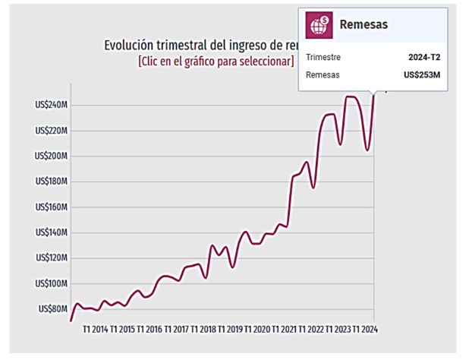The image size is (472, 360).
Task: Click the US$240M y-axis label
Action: coord(52,105)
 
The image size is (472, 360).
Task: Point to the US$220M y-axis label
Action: coord(52,131)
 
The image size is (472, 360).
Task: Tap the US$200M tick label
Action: coord(52,156)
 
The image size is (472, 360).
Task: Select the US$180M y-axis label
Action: coord(52,182)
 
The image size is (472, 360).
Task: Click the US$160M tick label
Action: coord(52,207)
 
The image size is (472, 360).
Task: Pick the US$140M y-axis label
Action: coord(52,232)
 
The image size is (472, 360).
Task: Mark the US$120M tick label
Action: coord(52,258)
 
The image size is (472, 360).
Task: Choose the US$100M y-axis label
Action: coord(52,283)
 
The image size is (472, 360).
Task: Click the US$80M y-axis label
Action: coord(54,309)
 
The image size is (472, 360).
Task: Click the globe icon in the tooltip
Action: coord(319,24)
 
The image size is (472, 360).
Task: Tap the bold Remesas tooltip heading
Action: coord(363,24)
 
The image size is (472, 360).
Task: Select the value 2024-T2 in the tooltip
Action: coord(423,57)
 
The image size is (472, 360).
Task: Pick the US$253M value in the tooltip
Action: coord(422,75)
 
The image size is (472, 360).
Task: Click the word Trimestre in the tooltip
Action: coord(323,57)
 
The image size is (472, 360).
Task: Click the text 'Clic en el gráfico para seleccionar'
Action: coord(216,61)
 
